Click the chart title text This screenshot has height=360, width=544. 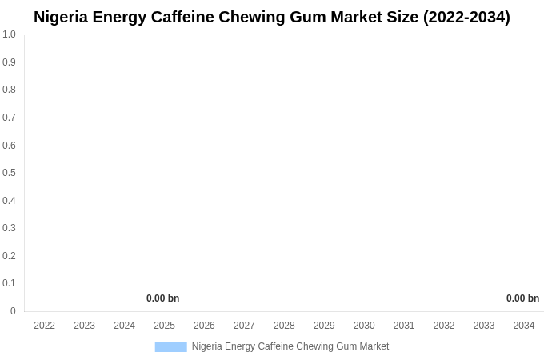272,17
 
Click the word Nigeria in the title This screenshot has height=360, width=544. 62,17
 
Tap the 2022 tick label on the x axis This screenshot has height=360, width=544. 45,326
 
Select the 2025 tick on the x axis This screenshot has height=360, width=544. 164,326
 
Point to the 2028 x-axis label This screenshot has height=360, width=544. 284,326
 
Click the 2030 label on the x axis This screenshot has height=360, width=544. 364,326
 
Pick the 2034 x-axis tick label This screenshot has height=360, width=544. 524,326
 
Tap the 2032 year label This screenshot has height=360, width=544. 444,326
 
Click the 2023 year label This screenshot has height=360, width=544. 85,326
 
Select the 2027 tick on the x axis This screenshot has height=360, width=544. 244,326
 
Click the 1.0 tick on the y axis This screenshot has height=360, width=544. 9,34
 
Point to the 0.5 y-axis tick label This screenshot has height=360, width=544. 9,173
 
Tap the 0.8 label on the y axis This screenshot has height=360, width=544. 9,90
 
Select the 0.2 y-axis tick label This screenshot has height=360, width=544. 9,256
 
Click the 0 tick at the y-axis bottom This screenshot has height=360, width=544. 13,311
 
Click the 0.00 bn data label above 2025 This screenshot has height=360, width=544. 162,298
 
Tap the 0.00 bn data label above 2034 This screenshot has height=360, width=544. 522,298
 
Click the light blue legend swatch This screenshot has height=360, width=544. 170,347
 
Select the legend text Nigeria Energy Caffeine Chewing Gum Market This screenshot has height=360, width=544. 290,346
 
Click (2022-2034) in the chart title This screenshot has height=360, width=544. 466,17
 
